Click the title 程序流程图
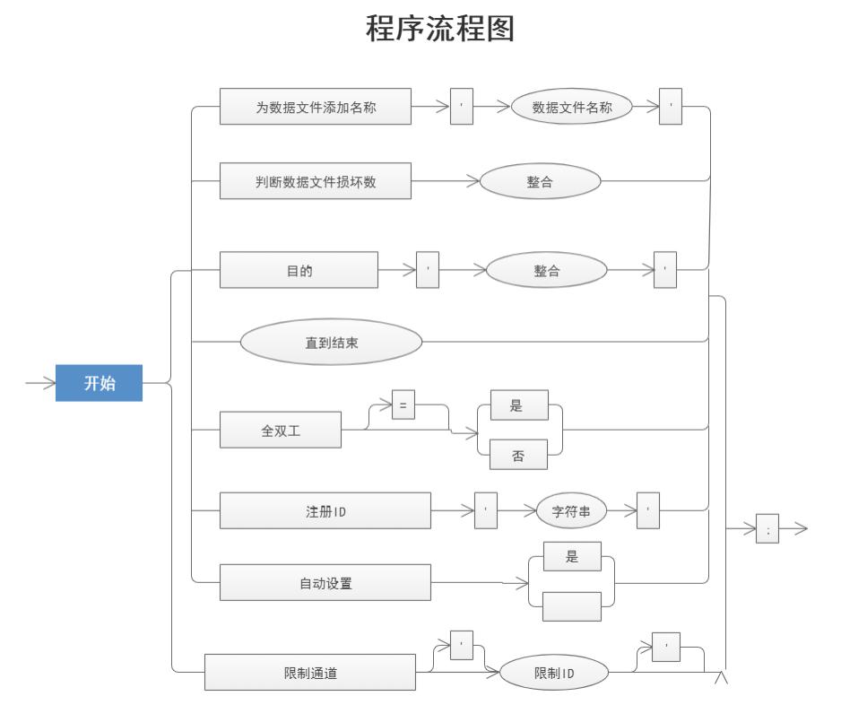click(x=440, y=30)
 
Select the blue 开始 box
click(x=99, y=383)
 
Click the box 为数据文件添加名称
click(x=316, y=107)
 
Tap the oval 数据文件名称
click(x=572, y=107)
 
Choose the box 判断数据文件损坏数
click(x=316, y=181)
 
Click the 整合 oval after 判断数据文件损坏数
click(x=540, y=181)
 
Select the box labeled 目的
click(x=299, y=270)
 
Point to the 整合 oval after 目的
click(x=546, y=270)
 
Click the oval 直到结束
click(x=331, y=342)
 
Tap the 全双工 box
click(x=280, y=431)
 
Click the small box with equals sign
click(x=403, y=405)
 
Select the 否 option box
click(x=517, y=455)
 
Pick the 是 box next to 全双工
click(x=517, y=405)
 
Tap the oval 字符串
click(x=571, y=511)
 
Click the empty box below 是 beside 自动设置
click(x=572, y=607)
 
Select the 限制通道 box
click(x=310, y=673)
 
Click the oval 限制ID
click(x=553, y=673)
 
